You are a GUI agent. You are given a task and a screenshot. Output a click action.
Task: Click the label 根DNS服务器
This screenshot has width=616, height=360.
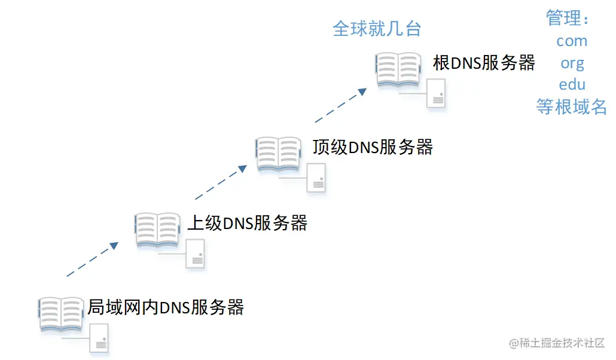click(484, 63)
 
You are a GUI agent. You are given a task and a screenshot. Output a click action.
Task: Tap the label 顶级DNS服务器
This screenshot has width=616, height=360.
click(372, 147)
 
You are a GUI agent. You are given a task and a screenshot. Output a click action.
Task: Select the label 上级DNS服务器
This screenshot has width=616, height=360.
click(247, 224)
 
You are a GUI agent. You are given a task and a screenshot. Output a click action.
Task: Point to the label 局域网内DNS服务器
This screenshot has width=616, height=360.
click(166, 307)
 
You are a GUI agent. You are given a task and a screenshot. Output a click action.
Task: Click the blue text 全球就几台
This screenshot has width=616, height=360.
click(377, 29)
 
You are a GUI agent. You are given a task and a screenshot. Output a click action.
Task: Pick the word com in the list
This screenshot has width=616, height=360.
click(572, 41)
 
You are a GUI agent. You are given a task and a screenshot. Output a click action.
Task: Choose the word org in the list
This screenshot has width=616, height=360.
click(572, 63)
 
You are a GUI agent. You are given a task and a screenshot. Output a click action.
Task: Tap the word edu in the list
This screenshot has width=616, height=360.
click(572, 84)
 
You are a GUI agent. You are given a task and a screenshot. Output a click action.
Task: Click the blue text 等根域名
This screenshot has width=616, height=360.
click(571, 107)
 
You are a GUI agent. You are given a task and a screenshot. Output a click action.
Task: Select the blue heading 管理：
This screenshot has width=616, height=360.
click(568, 19)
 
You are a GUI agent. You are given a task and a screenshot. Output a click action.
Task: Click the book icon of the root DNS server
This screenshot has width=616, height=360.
click(398, 69)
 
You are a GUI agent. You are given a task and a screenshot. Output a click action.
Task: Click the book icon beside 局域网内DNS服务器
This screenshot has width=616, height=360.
click(61, 313)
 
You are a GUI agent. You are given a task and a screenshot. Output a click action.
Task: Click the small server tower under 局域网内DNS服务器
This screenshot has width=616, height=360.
click(99, 339)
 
